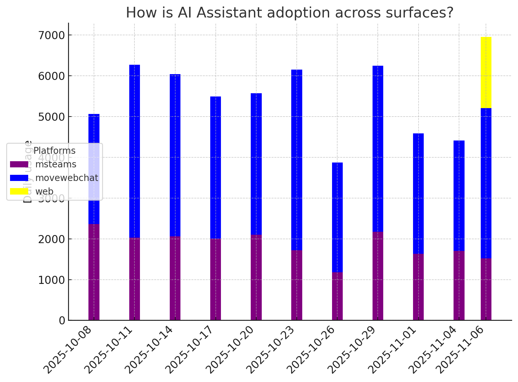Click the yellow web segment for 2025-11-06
[486, 73]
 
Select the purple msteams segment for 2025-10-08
[94, 272]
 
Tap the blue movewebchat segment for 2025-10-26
[337, 218]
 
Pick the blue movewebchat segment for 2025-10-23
[297, 160]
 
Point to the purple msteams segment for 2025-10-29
[378, 276]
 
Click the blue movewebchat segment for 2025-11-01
[418, 194]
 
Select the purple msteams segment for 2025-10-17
[215, 279]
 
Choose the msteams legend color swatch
[19, 164]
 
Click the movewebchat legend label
[67, 178]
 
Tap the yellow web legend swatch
[19, 192]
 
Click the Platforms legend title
[54, 151]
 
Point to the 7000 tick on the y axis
[52, 35]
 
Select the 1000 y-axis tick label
[52, 280]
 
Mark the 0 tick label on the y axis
[62, 320]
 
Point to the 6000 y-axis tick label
[52, 76]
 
